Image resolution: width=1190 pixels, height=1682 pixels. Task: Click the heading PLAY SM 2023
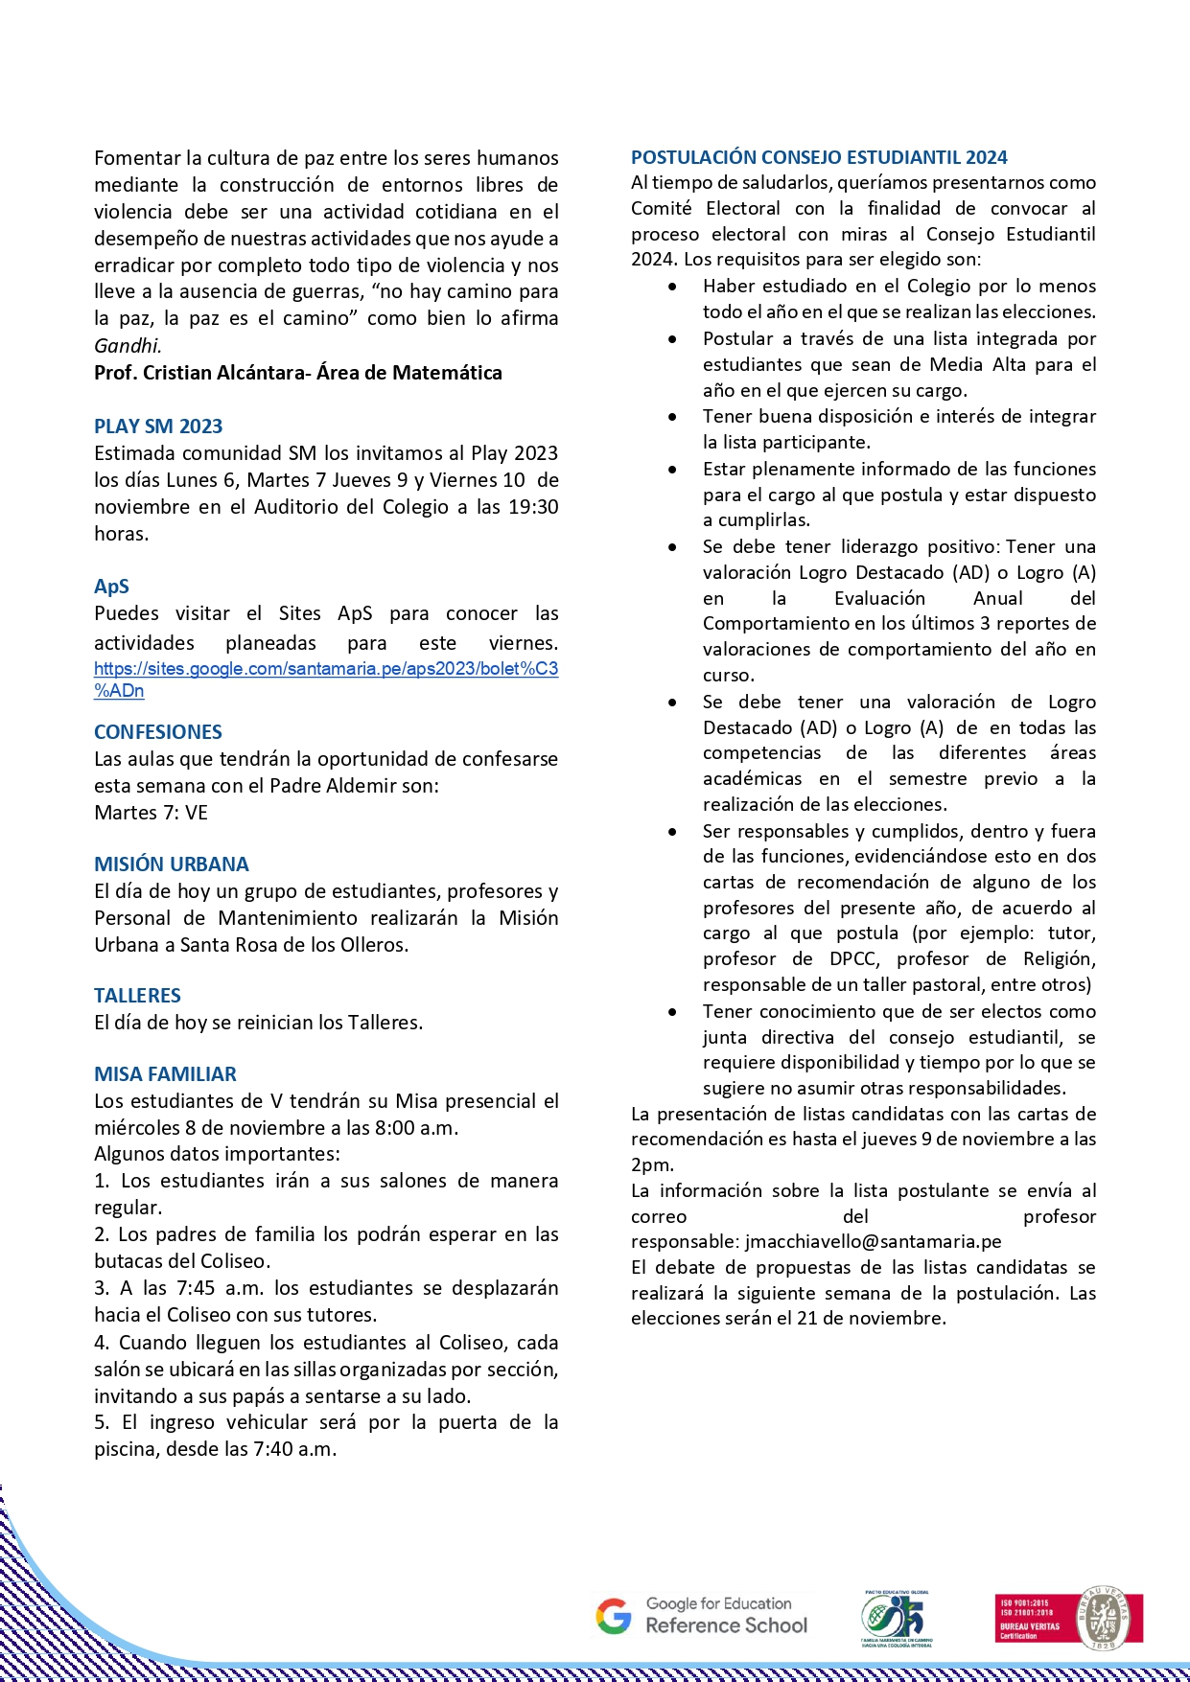(x=158, y=426)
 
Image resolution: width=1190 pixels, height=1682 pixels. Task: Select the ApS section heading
(x=111, y=587)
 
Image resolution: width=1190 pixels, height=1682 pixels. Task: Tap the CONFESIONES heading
(x=158, y=732)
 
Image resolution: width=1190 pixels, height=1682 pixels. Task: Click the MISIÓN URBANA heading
(x=172, y=864)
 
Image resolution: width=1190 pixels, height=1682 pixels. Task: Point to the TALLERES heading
(x=137, y=996)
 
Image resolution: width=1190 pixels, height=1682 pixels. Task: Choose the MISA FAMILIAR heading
(x=165, y=1074)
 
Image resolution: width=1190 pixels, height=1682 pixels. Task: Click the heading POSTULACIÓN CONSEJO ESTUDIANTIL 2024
(x=819, y=157)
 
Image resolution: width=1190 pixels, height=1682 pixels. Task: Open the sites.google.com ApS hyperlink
(x=326, y=669)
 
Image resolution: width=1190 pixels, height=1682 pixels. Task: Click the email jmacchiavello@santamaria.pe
(x=873, y=1242)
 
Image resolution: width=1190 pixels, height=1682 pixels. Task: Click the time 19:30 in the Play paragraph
(x=533, y=507)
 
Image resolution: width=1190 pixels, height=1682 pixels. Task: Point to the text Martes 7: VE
(x=151, y=813)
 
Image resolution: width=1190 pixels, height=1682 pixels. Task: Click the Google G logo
(x=614, y=1616)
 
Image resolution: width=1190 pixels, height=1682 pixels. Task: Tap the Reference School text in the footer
(x=726, y=1625)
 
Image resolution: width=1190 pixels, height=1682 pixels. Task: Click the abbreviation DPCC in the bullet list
(x=853, y=959)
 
